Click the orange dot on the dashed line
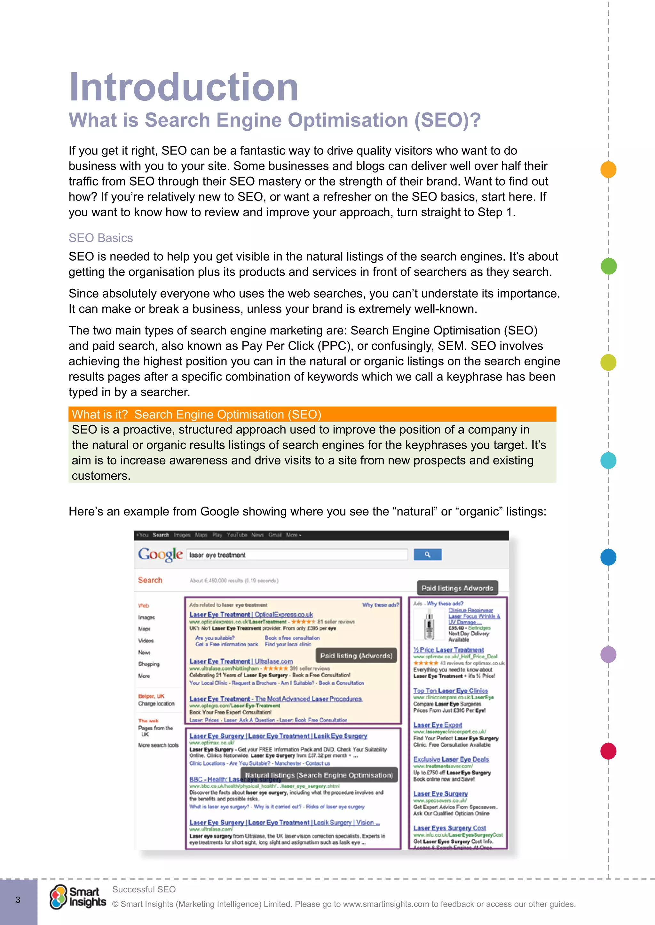tap(608, 169)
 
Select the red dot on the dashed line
tap(608, 751)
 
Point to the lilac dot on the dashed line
tap(608, 654)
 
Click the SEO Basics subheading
tap(100, 238)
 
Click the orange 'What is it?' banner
tap(312, 414)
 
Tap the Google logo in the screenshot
tap(160, 554)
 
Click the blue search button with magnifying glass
tap(428, 555)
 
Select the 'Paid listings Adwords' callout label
tap(457, 588)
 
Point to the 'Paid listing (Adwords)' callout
tap(356, 656)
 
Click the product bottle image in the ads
tap(429, 624)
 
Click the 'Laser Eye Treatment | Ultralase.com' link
tap(241, 661)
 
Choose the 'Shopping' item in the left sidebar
tap(149, 664)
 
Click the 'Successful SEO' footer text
tap(144, 889)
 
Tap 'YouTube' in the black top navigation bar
tap(237, 535)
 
